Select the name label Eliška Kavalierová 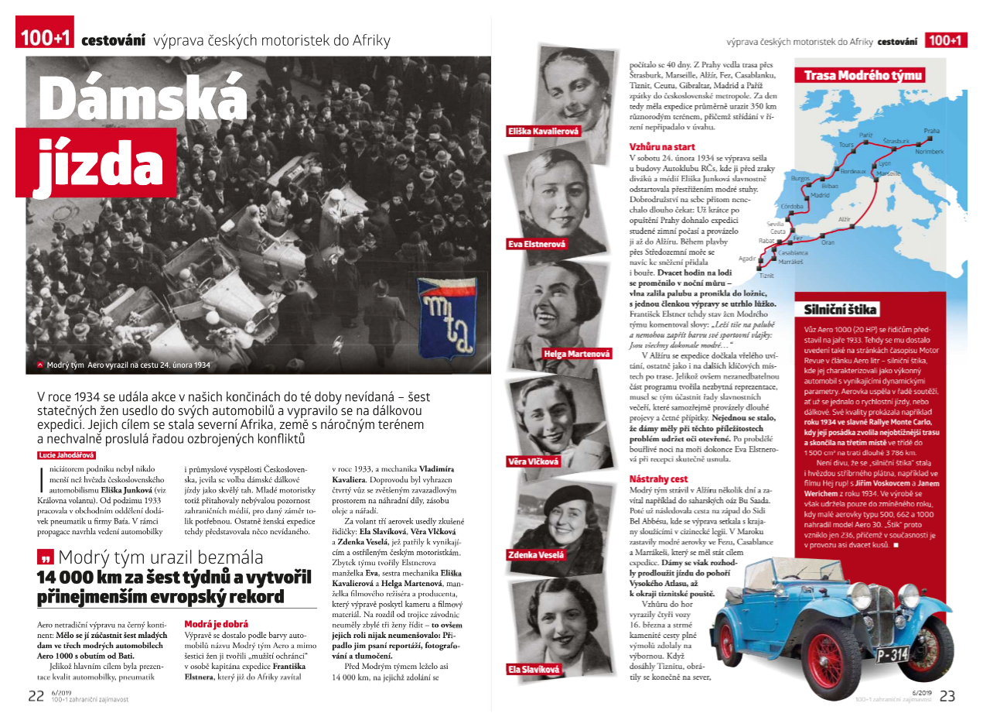[543, 131]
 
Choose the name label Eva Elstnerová [536, 244]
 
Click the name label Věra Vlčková [534, 461]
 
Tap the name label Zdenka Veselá [536, 555]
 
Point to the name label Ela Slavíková [534, 668]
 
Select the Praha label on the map [932, 131]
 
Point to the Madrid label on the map [820, 195]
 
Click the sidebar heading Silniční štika [839, 310]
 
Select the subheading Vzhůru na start [662, 146]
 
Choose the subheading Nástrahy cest [659, 479]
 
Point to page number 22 [36, 695]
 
